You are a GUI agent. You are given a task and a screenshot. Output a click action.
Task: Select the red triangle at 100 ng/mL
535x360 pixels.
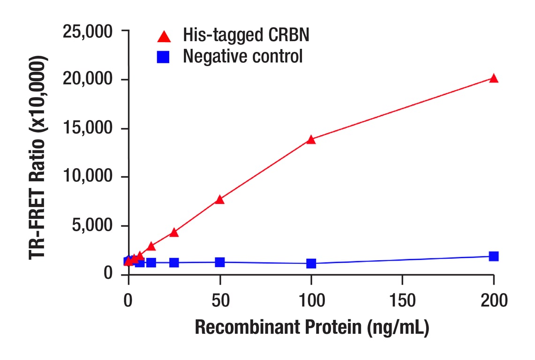coord(311,140)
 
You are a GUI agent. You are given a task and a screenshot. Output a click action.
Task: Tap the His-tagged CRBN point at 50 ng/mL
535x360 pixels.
coord(219,200)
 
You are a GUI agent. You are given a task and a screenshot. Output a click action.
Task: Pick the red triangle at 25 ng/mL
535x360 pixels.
coord(174,232)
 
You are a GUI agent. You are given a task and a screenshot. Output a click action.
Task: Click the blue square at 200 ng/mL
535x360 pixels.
coord(493,256)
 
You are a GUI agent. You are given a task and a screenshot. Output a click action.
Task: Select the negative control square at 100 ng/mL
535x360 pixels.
coord(311,263)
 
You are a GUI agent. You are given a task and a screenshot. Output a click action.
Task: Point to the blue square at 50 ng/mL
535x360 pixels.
coord(219,262)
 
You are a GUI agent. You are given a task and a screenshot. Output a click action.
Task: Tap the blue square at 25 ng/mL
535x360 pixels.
coord(174,262)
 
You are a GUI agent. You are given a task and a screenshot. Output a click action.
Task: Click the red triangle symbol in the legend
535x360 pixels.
coord(164,36)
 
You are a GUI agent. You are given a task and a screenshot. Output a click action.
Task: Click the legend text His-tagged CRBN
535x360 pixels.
coord(246,35)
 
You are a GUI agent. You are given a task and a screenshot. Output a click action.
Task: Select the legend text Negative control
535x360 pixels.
coord(242,56)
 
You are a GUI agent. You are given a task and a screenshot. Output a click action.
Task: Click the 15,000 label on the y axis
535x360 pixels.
coord(88,129)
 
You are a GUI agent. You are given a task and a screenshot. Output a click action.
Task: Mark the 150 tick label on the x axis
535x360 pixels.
coord(402,300)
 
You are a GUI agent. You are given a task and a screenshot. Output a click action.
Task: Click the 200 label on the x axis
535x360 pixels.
coord(493,300)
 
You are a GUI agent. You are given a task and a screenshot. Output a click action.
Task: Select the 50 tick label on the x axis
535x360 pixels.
coord(219,300)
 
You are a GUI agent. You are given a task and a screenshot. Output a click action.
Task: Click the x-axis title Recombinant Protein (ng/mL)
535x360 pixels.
coord(311,329)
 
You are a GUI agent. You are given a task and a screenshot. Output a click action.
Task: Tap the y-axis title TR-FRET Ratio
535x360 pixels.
coord(39,157)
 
